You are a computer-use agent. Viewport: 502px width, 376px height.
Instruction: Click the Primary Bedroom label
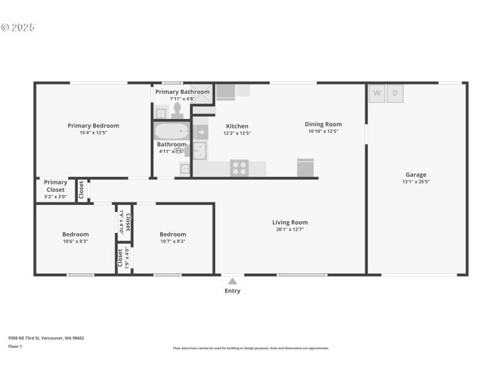(x=93, y=125)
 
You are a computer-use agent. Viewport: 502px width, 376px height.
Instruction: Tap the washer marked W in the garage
(x=376, y=93)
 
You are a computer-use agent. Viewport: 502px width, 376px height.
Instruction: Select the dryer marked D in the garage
(x=395, y=93)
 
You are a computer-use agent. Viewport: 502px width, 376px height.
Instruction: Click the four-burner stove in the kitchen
(x=239, y=168)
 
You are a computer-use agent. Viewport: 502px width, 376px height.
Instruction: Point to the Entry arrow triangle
(x=232, y=281)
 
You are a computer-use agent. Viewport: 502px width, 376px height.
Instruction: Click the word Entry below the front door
(x=232, y=291)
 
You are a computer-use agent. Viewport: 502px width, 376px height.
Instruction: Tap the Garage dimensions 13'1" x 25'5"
(x=415, y=182)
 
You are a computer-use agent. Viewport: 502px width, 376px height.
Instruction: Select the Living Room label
(x=290, y=222)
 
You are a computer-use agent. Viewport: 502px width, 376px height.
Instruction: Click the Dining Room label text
(x=323, y=124)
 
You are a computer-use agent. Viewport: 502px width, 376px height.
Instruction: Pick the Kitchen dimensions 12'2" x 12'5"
(x=237, y=133)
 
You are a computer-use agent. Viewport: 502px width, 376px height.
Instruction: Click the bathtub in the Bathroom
(x=171, y=132)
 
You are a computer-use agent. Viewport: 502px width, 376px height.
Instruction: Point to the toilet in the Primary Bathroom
(x=177, y=111)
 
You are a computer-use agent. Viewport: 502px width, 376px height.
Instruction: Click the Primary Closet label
(x=55, y=186)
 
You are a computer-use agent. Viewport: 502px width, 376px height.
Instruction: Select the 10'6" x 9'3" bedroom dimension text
(x=75, y=241)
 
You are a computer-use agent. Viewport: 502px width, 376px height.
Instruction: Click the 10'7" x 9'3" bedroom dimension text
(x=173, y=241)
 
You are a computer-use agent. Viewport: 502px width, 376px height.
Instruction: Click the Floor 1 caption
(x=14, y=346)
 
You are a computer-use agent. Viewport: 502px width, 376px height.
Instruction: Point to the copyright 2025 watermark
(x=18, y=28)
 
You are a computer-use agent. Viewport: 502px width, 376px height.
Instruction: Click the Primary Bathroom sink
(x=161, y=113)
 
